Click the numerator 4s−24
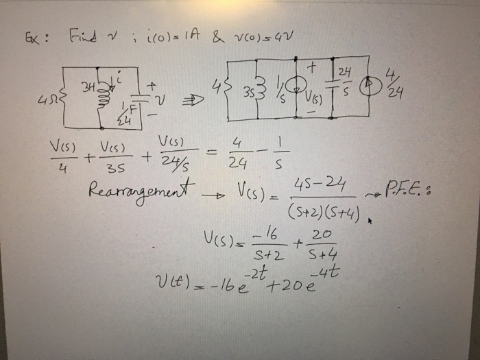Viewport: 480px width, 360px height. tap(323, 185)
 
